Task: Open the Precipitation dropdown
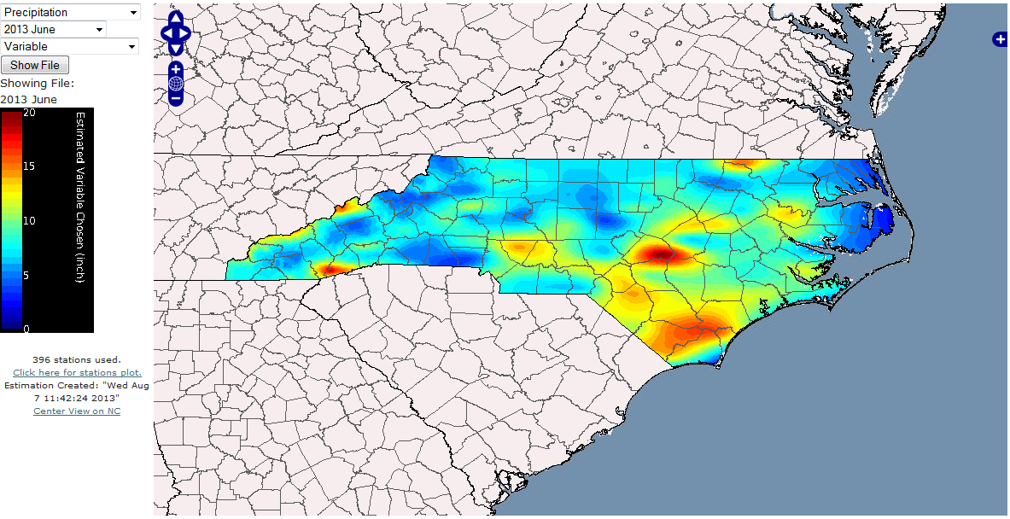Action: pyautogui.click(x=70, y=13)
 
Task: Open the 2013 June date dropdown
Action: pyautogui.click(x=53, y=30)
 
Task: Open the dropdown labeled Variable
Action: pyautogui.click(x=70, y=47)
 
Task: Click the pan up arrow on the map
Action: pyautogui.click(x=176, y=17)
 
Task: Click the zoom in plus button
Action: pyautogui.click(x=176, y=69)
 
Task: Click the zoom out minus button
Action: pyautogui.click(x=176, y=98)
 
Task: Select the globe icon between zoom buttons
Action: pyautogui.click(x=176, y=84)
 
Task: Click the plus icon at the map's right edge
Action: pyautogui.click(x=1000, y=39)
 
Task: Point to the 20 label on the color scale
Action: pyautogui.click(x=29, y=113)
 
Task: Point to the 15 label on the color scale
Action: pyautogui.click(x=29, y=166)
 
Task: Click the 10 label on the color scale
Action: pyautogui.click(x=29, y=221)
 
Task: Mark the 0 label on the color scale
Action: pyautogui.click(x=26, y=329)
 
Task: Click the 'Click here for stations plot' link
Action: pyautogui.click(x=77, y=373)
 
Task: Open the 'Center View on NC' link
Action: pyautogui.click(x=77, y=411)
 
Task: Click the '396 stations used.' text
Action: pyautogui.click(x=77, y=359)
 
